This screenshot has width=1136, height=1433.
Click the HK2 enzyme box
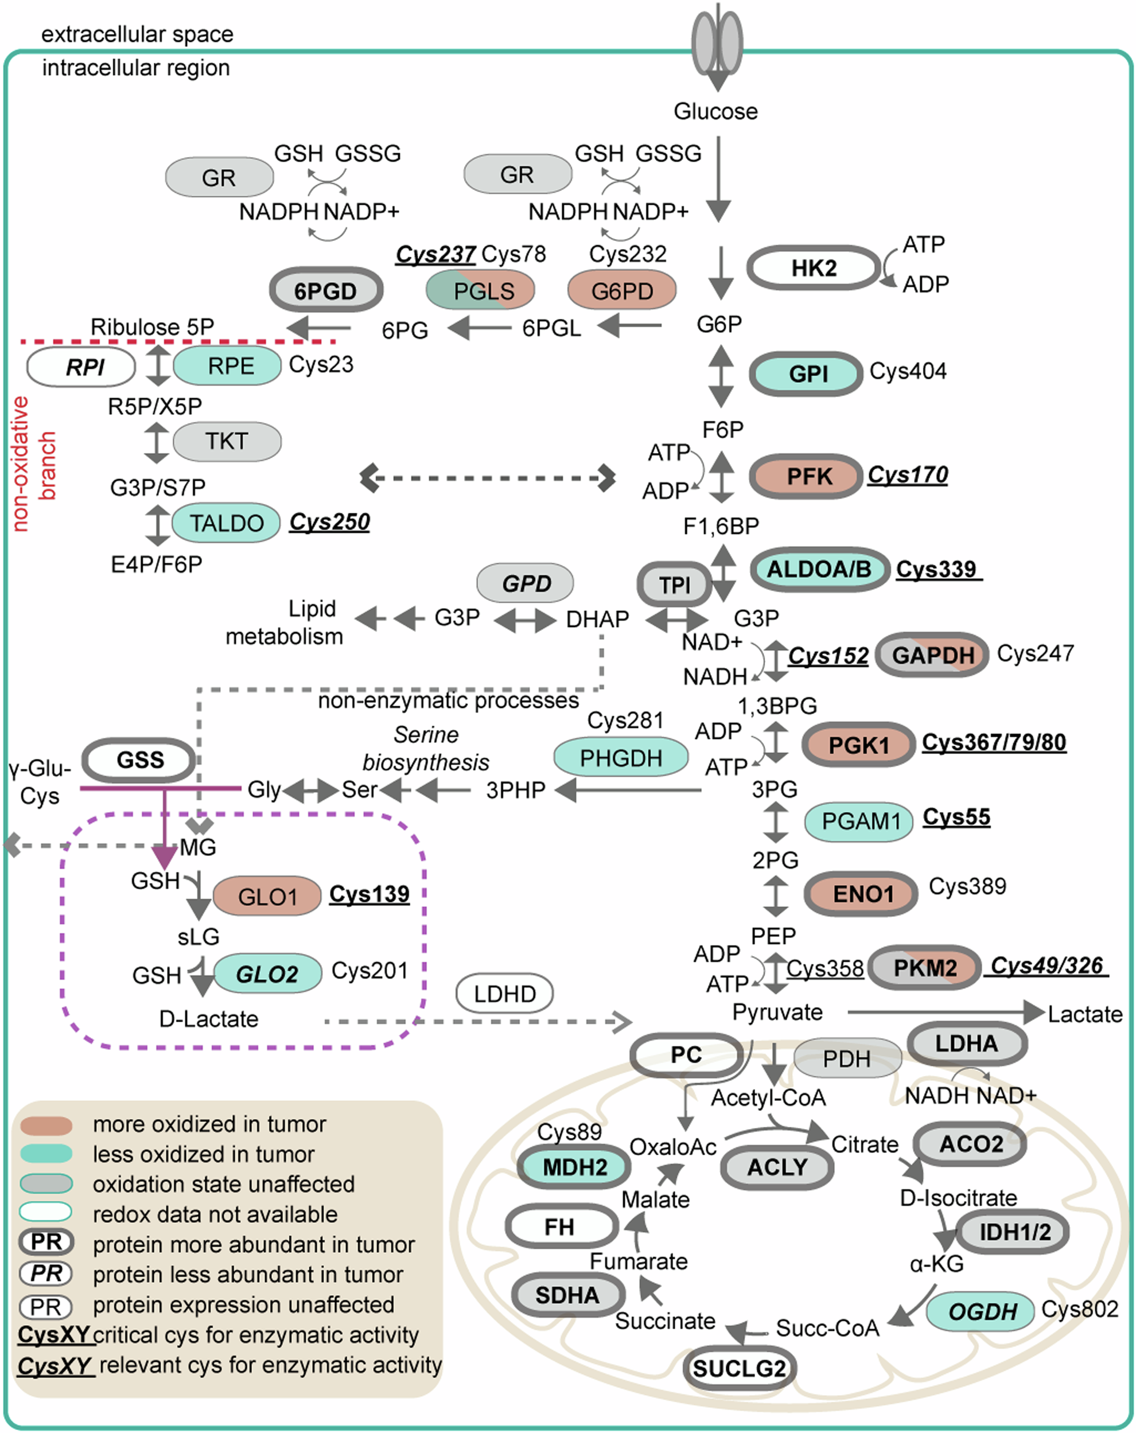[x=814, y=268]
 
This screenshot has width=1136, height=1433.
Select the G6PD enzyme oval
[x=621, y=290]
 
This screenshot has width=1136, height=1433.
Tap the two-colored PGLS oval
[x=480, y=290]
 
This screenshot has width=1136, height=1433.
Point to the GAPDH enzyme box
[x=932, y=655]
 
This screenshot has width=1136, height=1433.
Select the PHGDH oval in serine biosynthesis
[x=621, y=758]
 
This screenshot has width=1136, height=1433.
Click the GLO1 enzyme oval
[x=267, y=896]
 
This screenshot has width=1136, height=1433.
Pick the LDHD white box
[x=504, y=994]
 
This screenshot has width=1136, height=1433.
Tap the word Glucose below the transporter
[x=715, y=111]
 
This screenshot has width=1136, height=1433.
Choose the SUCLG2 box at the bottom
[x=739, y=1368]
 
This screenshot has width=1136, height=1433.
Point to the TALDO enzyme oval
[x=226, y=523]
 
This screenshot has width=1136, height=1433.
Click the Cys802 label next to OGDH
[x=1080, y=1309]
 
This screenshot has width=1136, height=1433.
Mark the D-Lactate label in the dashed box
[x=209, y=1019]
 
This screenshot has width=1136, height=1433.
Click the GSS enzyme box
[x=139, y=759]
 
